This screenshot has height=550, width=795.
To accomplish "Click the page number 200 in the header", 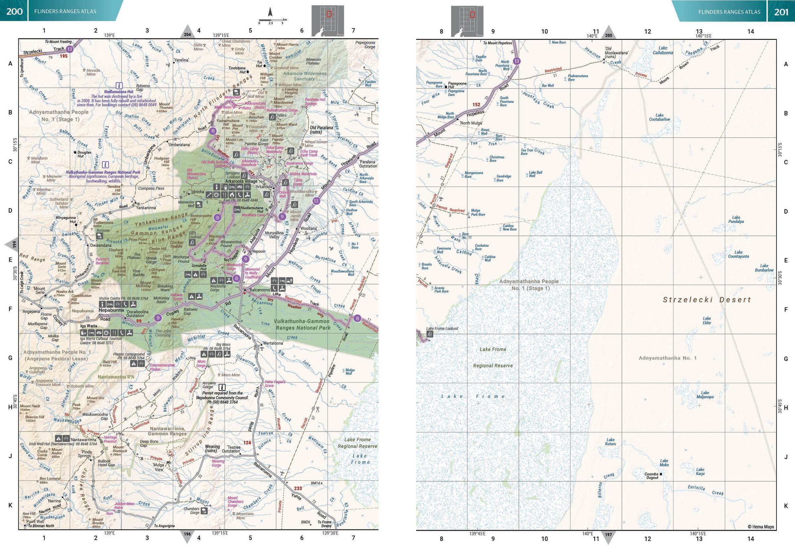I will [x=14, y=11].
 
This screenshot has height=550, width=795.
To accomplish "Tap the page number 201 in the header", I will [x=781, y=12].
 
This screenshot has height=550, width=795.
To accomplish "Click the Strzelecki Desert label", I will [x=707, y=300].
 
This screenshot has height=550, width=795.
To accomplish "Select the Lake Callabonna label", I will [x=662, y=50].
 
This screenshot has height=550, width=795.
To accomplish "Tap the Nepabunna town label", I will [x=111, y=310].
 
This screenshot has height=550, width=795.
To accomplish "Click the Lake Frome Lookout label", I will [x=442, y=328].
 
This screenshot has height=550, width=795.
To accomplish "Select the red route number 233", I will [x=298, y=488].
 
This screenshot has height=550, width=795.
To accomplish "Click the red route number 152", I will [x=476, y=104].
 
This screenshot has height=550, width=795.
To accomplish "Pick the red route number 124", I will [x=247, y=443].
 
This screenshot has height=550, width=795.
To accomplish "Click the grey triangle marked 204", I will [x=187, y=33].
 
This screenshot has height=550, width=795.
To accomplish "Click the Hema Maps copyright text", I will [x=761, y=526].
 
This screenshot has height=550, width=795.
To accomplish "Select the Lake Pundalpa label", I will [x=736, y=219].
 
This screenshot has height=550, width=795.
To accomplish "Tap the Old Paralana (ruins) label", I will [x=321, y=130].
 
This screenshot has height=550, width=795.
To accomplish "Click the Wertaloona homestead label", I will [x=273, y=343].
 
